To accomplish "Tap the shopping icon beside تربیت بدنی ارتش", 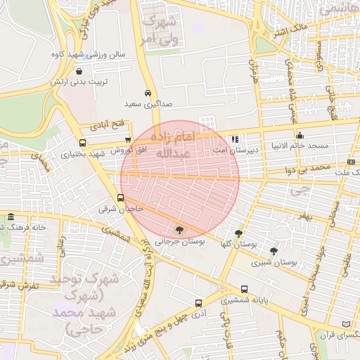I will pos(78,71).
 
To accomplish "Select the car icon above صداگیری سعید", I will pos(148,93).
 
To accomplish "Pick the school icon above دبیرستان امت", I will pos(235,139).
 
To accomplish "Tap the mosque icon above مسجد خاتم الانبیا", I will pos(300,135).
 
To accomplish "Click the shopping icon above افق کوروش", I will pos(127,139).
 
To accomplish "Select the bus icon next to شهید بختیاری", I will pos(82,143).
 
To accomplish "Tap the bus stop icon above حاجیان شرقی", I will pos(121,198).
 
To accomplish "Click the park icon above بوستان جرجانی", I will pos(179,229).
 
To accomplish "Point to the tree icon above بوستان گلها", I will pos(238,233).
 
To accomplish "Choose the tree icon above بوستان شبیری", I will pos(274,251).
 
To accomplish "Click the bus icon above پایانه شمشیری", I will pos(244,289).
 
